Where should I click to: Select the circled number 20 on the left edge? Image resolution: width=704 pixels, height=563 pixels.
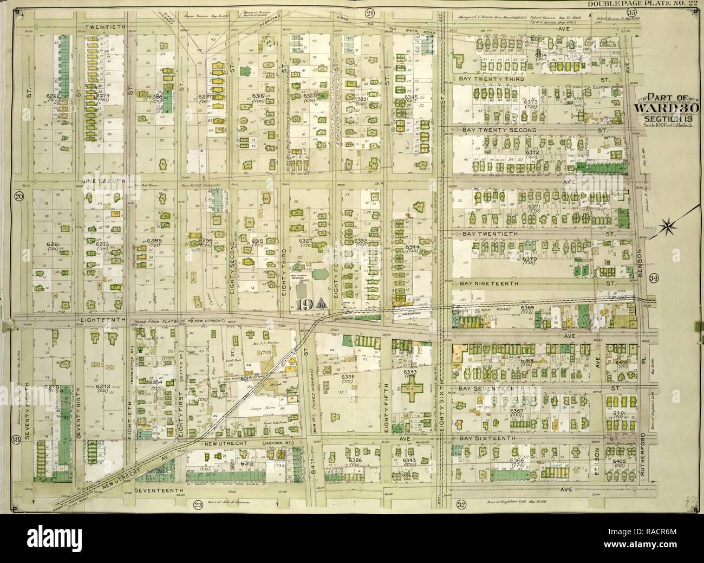[18, 197]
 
